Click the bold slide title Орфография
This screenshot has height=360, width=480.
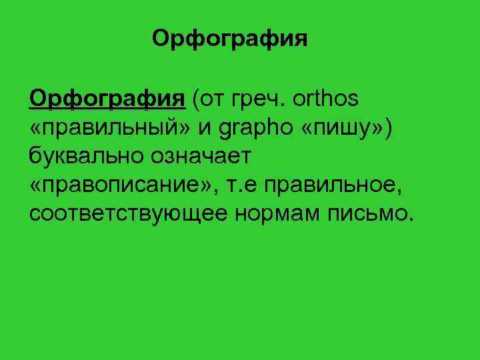(x=229, y=38)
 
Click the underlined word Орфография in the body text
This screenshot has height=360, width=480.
(x=107, y=99)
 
